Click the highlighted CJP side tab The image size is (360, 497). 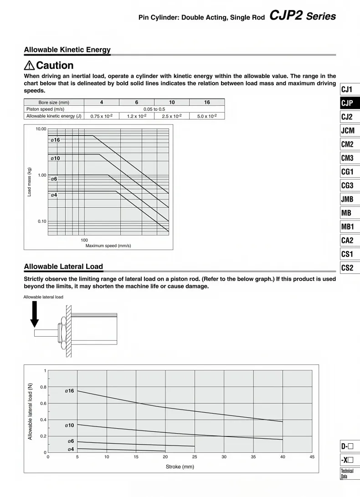click(347, 103)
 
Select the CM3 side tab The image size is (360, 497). click(347, 158)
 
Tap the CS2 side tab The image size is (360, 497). click(347, 267)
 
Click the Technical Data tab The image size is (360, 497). click(347, 474)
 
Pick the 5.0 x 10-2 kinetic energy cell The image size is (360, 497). click(207, 116)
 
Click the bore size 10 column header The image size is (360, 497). click(172, 102)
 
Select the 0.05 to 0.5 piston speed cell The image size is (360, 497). click(154, 109)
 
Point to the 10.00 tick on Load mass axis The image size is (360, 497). click(41, 129)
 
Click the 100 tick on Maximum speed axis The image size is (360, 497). click(84, 240)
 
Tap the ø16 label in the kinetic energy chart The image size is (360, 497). click(55, 140)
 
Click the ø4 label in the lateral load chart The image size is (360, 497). click(71, 449)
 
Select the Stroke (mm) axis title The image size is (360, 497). click(180, 467)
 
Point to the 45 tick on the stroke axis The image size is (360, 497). click(312, 457)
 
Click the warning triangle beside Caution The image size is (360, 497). click(29, 66)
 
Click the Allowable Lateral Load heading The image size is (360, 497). click(63, 266)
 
